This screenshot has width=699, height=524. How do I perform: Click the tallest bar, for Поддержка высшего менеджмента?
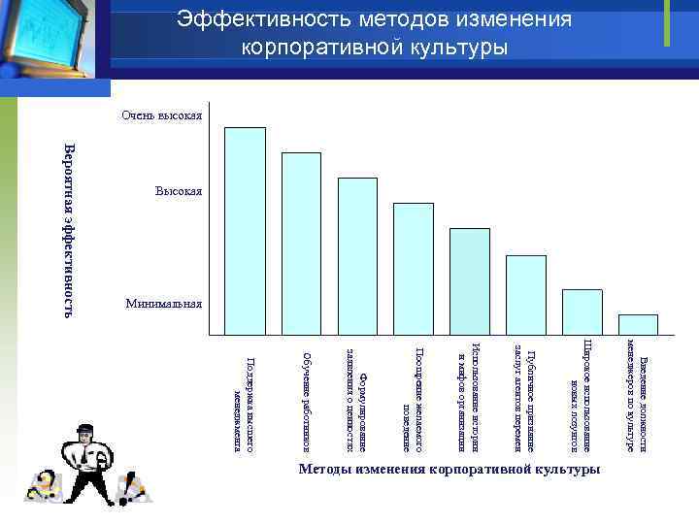(x=245, y=233)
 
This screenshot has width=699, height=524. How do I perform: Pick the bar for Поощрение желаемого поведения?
(x=414, y=271)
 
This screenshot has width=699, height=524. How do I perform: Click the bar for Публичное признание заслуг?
(x=526, y=297)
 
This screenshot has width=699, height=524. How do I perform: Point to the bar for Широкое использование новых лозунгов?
(x=582, y=313)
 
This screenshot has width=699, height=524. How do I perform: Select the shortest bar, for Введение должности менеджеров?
(x=638, y=326)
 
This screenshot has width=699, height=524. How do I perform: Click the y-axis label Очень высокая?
(x=161, y=116)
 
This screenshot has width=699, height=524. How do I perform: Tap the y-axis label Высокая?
(x=178, y=191)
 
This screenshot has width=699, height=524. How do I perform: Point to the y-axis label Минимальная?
(x=163, y=304)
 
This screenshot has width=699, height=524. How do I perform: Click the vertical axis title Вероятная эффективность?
(x=69, y=229)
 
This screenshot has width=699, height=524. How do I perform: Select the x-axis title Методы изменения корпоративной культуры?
(x=449, y=470)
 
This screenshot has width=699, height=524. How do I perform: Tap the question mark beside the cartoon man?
(x=44, y=483)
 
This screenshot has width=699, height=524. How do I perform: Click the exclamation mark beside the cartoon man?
(x=135, y=484)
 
